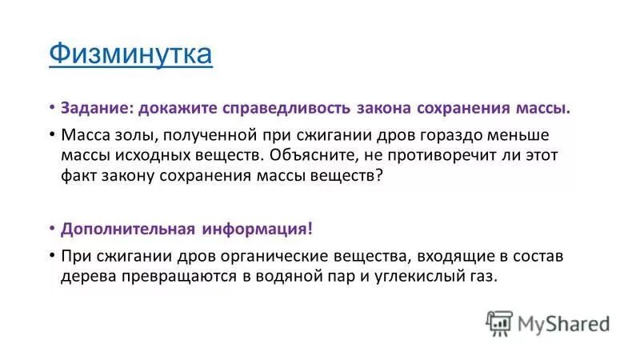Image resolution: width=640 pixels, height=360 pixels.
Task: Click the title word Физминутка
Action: point(130,54)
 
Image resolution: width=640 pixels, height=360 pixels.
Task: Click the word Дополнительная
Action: point(128,229)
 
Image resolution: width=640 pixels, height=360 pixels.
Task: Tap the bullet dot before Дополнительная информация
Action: point(51,229)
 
